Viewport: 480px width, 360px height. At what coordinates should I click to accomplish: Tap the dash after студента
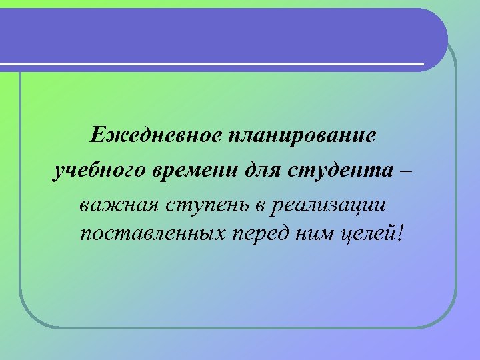coord(408,171)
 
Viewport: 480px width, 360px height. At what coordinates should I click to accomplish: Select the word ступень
coord(206,204)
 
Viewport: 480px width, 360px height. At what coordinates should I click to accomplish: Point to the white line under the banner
coord(213,65)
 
